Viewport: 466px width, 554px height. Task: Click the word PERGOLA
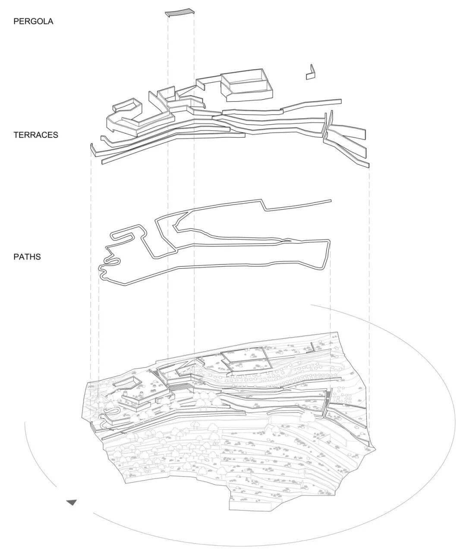pyautogui.click(x=33, y=21)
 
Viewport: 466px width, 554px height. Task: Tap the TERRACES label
pyautogui.click(x=36, y=135)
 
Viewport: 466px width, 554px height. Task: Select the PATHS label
pyautogui.click(x=27, y=257)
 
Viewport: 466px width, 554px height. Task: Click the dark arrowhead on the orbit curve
pyautogui.click(x=72, y=503)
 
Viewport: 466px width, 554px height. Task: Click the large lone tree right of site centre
pyautogui.click(x=309, y=416)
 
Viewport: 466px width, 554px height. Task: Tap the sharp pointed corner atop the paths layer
pyautogui.click(x=261, y=201)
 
